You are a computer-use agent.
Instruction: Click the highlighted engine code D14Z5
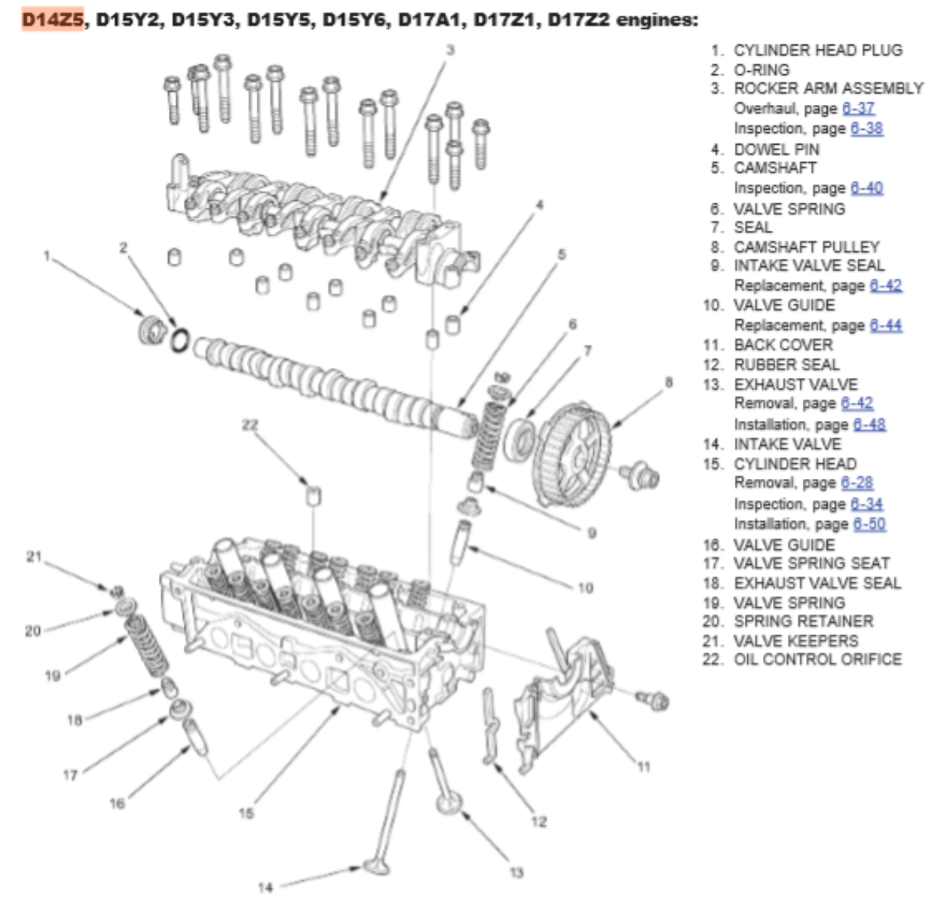click(x=52, y=20)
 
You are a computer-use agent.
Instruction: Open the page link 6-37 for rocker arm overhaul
click(x=858, y=109)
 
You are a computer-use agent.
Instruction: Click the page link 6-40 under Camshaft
click(x=866, y=188)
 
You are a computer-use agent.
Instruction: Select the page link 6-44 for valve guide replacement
click(x=886, y=325)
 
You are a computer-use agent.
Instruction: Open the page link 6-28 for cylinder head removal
click(x=857, y=483)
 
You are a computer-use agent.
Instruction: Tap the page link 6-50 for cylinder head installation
click(x=869, y=523)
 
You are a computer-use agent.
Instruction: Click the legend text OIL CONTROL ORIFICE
click(x=818, y=660)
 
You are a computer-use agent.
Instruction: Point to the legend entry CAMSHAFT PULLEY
click(x=807, y=246)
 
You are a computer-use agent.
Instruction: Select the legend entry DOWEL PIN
click(x=776, y=149)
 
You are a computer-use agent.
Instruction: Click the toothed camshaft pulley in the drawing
click(x=571, y=455)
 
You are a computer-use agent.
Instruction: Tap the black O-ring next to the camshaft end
click(x=180, y=340)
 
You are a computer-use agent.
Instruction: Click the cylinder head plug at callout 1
click(x=152, y=329)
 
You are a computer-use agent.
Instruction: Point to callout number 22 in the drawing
click(x=250, y=425)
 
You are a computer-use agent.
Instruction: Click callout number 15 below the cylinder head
click(x=246, y=814)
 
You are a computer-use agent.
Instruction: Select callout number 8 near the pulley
click(x=668, y=383)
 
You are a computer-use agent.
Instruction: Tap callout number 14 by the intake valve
click(x=265, y=887)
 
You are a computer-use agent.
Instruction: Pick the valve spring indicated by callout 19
click(x=146, y=646)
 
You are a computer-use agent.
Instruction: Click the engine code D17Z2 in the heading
click(x=578, y=20)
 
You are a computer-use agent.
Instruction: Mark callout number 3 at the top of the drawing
click(x=450, y=50)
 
